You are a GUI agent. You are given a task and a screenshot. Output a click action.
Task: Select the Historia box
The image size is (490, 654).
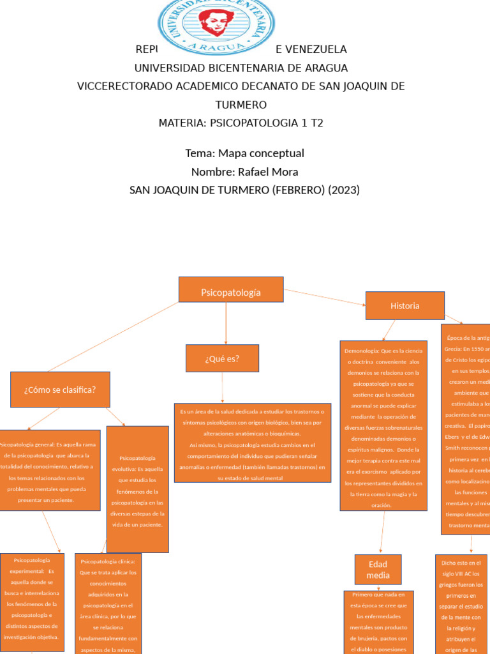pos(405,305)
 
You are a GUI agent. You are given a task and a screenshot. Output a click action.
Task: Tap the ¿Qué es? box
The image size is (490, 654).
pos(222,358)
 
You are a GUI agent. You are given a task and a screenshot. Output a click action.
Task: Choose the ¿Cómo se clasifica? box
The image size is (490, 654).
pos(60,390)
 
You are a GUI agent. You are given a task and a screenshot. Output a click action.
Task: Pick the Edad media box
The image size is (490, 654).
pos(378,570)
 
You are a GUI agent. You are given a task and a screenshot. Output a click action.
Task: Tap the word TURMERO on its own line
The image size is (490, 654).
pos(241,105)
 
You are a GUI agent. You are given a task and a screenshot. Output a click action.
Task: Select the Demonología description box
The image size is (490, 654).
pos(383,425)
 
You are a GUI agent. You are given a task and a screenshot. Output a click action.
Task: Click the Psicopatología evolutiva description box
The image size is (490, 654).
pos(137,489)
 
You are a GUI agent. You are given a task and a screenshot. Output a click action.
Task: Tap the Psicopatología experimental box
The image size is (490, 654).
pos(32,602)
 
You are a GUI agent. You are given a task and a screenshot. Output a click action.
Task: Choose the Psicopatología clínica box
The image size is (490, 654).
pos(108,604)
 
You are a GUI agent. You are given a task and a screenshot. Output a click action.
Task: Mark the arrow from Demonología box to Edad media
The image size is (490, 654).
pos(382,533)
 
